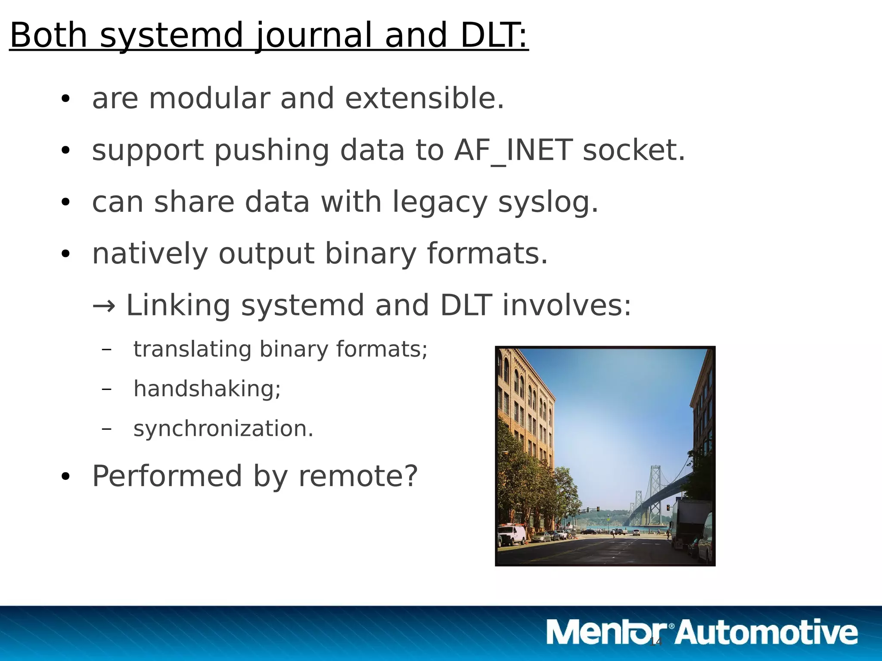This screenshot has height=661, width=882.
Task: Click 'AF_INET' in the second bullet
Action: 513,150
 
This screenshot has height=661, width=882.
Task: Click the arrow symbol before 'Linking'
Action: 104,306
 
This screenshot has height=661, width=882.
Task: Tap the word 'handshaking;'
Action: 207,389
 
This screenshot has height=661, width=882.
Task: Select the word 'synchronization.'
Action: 223,429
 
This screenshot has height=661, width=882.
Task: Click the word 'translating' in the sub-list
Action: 192,349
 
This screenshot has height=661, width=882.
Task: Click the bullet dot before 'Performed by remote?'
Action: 65,477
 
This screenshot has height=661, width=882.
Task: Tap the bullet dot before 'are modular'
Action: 65,99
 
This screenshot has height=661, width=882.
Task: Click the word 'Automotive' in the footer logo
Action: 767,633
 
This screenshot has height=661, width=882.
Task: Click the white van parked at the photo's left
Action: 511,534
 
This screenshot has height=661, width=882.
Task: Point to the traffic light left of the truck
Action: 668,508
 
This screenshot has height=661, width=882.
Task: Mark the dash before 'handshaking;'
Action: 106,389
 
